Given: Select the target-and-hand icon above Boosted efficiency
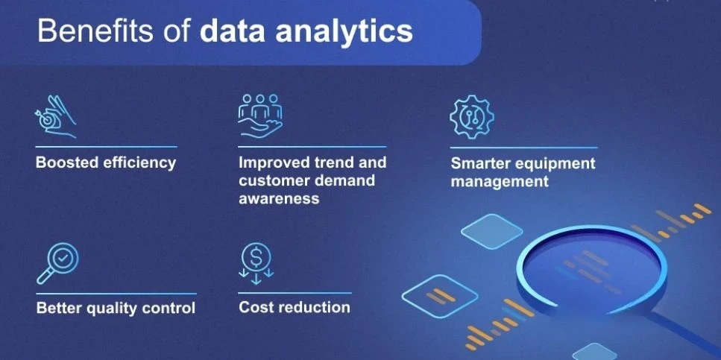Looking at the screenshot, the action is [x=55, y=117].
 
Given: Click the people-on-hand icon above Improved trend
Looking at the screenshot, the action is [x=259, y=116].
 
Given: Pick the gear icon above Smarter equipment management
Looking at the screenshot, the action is [x=471, y=116].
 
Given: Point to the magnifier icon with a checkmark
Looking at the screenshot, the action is [x=57, y=263].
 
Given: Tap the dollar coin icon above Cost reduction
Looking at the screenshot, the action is [x=256, y=263].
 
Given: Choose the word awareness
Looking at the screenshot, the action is [x=279, y=198].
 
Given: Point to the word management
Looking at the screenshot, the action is [x=500, y=182].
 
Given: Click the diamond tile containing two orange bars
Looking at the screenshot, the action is [x=440, y=297].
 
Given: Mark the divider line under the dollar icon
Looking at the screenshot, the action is [x=295, y=293].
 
